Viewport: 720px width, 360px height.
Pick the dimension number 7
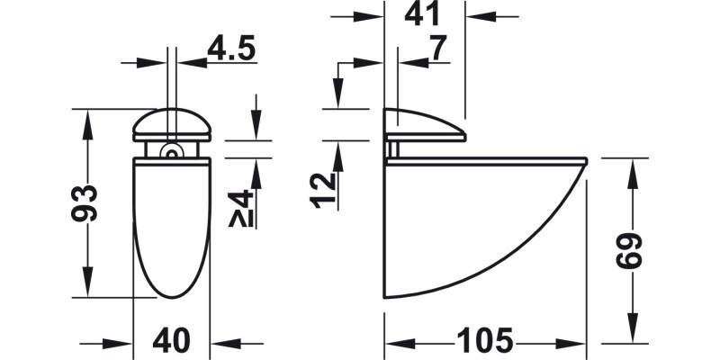click(x=438, y=50)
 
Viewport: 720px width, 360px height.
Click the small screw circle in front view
click(x=167, y=153)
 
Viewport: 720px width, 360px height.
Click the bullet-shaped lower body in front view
click(x=172, y=225)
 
